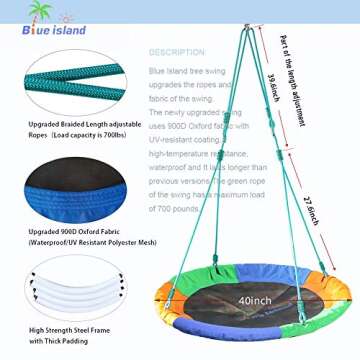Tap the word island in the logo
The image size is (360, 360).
pos(69,30)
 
